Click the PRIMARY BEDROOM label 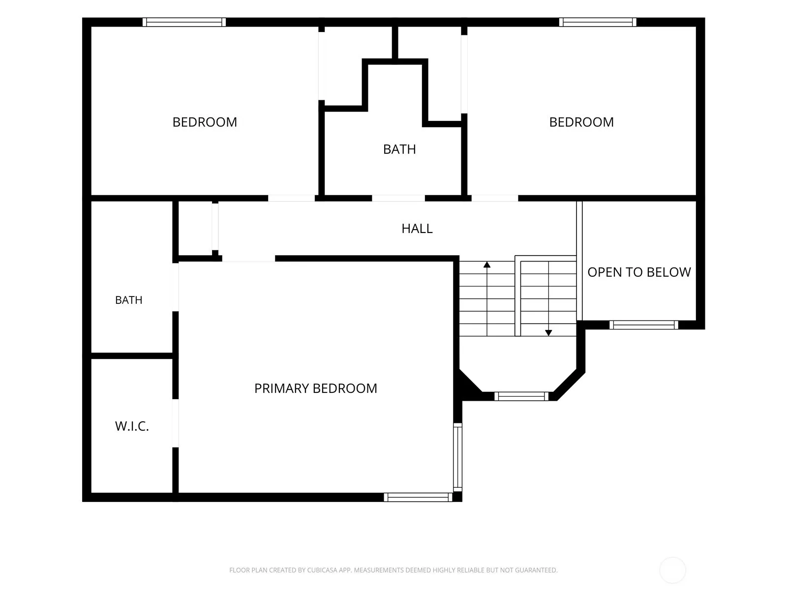(315, 388)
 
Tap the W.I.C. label (132, 426)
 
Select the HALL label (417, 229)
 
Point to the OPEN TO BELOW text (639, 272)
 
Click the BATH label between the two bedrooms (399, 149)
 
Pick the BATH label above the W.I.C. (129, 300)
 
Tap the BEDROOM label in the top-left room (205, 122)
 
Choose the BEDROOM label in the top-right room (581, 122)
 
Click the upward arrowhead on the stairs (487, 265)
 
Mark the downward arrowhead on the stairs (548, 333)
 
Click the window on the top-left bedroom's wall (184, 22)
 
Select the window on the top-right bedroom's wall (598, 22)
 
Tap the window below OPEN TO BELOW (644, 325)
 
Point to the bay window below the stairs (521, 396)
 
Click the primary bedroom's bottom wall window (418, 497)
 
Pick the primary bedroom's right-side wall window (458, 457)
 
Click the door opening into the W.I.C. (175, 423)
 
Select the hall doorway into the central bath (398, 198)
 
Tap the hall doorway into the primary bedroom (248, 259)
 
